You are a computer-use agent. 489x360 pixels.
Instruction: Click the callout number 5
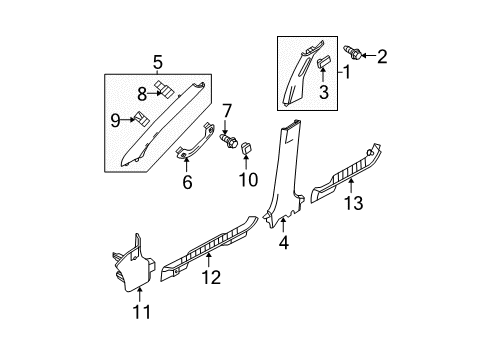tap(158, 63)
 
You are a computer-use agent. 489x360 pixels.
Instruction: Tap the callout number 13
tap(353, 203)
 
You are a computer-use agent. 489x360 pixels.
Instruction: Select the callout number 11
tap(142, 312)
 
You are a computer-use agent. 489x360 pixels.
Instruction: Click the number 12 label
tap(211, 277)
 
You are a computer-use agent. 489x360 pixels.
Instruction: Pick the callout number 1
tap(347, 72)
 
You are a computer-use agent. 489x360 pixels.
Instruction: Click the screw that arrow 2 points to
tap(352, 53)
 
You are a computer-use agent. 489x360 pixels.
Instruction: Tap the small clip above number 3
tap(323, 62)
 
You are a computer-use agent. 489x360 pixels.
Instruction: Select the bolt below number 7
tap(229, 141)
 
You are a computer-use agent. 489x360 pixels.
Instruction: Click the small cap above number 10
tap(246, 147)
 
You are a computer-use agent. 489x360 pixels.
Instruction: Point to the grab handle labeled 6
tap(195, 142)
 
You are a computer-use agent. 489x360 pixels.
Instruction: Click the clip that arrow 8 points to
tap(165, 89)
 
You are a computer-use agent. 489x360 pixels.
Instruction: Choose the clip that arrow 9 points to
tap(141, 119)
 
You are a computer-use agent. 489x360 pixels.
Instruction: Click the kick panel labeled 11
tap(133, 267)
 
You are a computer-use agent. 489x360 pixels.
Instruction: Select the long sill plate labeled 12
tap(209, 248)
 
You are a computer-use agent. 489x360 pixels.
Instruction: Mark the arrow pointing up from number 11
tap(140, 295)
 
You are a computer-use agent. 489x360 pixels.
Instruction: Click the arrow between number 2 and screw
tap(368, 55)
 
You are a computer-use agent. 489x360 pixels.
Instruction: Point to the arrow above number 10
tap(246, 162)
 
